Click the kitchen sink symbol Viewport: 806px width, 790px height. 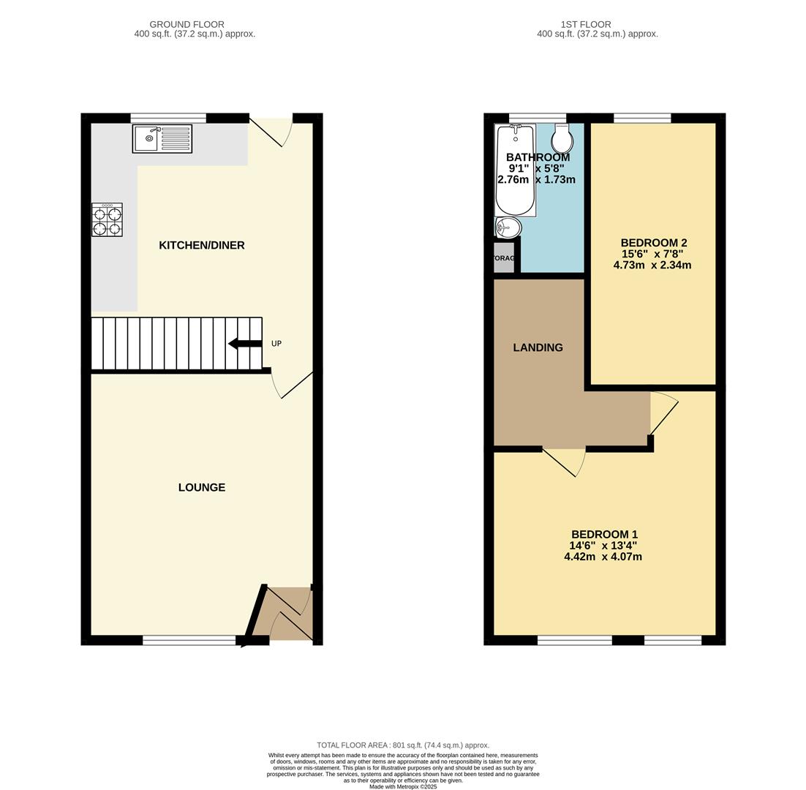coord(162,138)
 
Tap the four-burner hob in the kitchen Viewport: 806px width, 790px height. coord(107,220)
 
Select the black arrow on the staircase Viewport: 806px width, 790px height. coord(244,344)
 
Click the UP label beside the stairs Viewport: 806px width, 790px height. coord(276,344)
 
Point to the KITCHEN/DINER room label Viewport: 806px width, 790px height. coord(202,245)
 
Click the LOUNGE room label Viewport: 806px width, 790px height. coord(202,487)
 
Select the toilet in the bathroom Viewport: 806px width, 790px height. coord(562,138)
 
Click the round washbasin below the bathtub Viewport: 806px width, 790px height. coord(508,227)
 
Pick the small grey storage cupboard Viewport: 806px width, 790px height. coord(503,258)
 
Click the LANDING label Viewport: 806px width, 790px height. coord(538,347)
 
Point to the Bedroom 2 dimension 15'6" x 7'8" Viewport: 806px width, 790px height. coord(652,254)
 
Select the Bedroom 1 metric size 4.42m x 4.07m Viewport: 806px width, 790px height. coord(603,557)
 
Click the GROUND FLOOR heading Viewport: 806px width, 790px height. coord(187,24)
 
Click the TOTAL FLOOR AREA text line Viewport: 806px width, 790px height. coord(403,745)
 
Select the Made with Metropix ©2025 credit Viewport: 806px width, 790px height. coord(403,786)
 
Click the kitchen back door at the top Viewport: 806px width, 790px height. coord(271,129)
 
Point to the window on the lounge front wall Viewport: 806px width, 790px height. coord(189,641)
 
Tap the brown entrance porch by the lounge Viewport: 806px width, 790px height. coord(287,614)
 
